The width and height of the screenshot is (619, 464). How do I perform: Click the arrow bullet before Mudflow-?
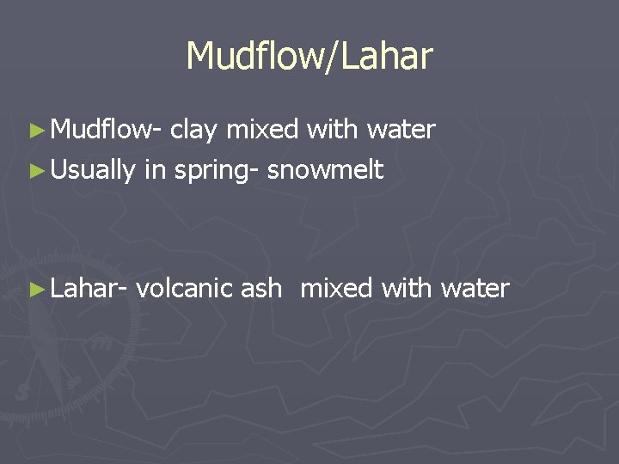[x=35, y=131]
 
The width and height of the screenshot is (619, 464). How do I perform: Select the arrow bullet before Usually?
[x=35, y=171]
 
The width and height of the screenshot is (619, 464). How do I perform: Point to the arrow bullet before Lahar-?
[x=35, y=289]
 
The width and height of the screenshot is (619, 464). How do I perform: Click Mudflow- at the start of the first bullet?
[x=107, y=130]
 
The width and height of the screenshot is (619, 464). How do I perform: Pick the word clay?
[x=195, y=130]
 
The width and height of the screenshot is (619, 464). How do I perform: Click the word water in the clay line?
[x=401, y=131]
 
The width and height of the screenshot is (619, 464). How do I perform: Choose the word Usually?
[x=93, y=171]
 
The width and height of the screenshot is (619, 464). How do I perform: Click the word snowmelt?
[x=325, y=170]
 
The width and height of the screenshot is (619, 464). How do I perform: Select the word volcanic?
[x=184, y=288]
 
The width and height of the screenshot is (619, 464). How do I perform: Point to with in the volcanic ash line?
[x=408, y=288]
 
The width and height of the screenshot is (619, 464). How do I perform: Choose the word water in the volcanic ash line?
[x=475, y=289]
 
